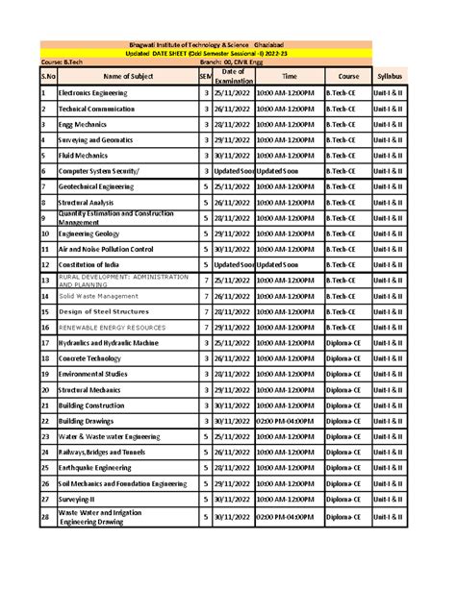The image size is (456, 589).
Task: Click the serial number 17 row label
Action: click(x=45, y=343)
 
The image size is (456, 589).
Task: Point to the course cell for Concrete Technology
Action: click(x=347, y=358)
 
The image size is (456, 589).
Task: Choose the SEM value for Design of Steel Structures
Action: click(x=206, y=311)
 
